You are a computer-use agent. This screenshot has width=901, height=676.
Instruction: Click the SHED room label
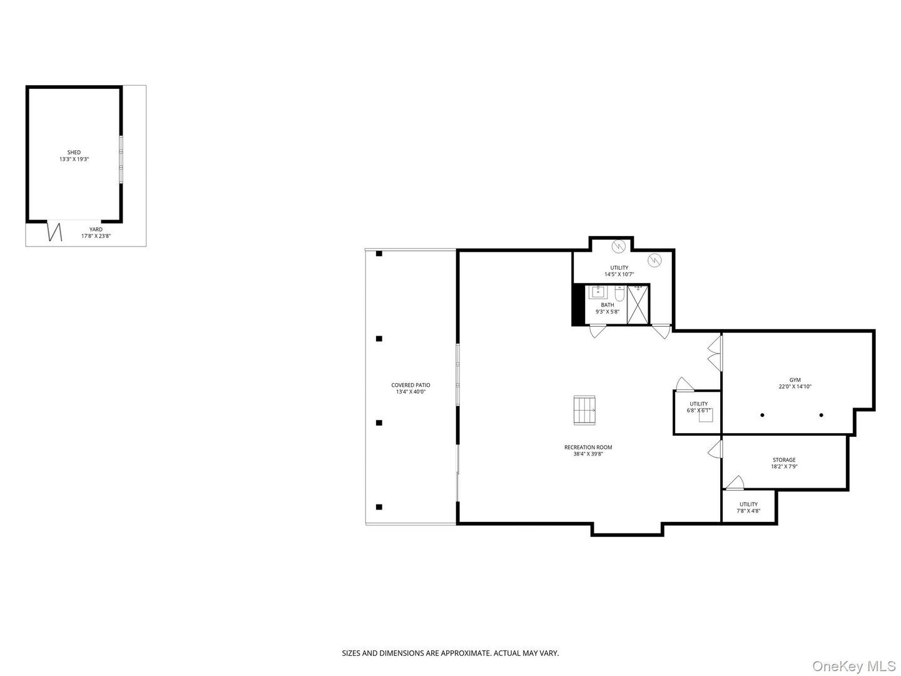pyautogui.click(x=74, y=152)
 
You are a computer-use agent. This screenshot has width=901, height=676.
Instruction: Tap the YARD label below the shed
pyautogui.click(x=95, y=230)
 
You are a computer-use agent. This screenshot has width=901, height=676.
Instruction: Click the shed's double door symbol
pyautogui.click(x=56, y=232)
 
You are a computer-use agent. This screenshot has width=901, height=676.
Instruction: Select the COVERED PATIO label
pyautogui.click(x=410, y=385)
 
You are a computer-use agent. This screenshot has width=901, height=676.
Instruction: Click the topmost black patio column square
pyautogui.click(x=379, y=253)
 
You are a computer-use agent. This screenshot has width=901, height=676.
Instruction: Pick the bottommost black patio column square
pyautogui.click(x=379, y=506)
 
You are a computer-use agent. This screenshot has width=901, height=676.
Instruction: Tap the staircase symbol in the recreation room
pyautogui.click(x=585, y=410)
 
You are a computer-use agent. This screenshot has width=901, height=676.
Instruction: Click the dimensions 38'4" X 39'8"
pyautogui.click(x=588, y=454)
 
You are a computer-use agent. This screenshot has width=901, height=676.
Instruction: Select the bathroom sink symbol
pyautogui.click(x=598, y=292)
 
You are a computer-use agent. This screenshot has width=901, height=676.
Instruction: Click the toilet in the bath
pyautogui.click(x=619, y=293)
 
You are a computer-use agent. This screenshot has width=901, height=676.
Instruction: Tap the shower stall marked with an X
pyautogui.click(x=638, y=304)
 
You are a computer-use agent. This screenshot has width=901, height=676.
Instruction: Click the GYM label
pyautogui.click(x=795, y=380)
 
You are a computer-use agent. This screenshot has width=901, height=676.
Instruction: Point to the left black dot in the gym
pyautogui.click(x=762, y=415)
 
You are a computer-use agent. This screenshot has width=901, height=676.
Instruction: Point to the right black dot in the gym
pyautogui.click(x=821, y=415)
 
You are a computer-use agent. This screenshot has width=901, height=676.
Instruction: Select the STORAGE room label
pyautogui.click(x=783, y=460)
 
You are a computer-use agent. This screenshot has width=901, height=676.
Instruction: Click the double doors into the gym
pyautogui.click(x=714, y=353)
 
